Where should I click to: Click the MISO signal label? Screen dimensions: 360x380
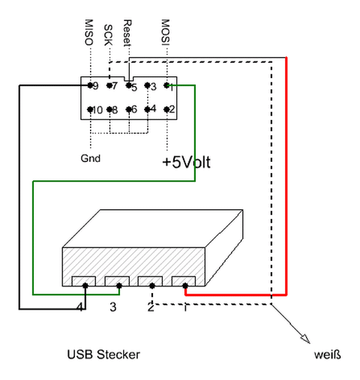click(89, 32)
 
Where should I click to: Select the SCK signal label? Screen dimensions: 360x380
click(108, 35)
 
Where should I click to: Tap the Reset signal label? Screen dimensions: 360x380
click(127, 33)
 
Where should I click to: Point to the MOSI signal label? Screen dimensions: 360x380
click(166, 32)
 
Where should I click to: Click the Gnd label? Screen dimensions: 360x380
click(91, 158)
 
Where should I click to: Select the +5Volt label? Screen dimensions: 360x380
click(186, 162)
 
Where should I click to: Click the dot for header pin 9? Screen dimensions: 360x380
click(90, 85)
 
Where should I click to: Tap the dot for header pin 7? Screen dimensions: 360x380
click(109, 85)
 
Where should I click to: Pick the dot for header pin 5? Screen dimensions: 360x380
click(128, 85)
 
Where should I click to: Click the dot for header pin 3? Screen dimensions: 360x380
click(148, 85)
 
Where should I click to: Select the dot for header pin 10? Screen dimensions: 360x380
click(90, 109)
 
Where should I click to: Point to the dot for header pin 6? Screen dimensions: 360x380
click(128, 109)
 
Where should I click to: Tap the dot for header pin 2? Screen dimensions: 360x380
click(166, 109)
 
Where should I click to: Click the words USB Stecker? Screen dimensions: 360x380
click(103, 355)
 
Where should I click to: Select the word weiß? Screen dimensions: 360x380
click(328, 355)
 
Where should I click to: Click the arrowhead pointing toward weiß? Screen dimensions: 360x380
click(306, 340)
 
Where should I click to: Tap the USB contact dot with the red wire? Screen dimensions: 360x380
click(185, 286)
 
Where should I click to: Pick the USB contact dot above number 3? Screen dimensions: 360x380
click(119, 286)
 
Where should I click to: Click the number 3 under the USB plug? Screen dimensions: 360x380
click(113, 307)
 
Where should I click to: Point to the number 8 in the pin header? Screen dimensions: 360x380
click(115, 110)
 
